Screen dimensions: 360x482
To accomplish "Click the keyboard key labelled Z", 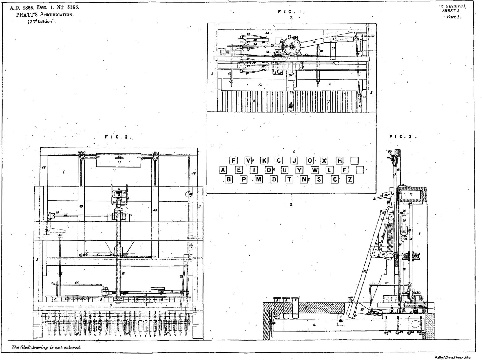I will [350, 179].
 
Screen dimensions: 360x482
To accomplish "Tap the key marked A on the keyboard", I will [223, 170].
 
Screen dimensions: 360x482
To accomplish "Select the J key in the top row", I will [294, 161].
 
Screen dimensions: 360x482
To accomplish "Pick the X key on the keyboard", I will [324, 161].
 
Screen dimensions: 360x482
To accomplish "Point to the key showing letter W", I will [315, 170].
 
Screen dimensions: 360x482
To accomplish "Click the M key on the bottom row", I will [258, 179].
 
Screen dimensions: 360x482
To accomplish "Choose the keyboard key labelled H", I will [340, 161].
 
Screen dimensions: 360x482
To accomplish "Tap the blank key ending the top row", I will [355, 161].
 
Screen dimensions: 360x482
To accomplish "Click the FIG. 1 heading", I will [291, 12].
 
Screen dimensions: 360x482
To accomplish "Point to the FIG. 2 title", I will [118, 137].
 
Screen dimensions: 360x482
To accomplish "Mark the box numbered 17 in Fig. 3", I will [411, 194].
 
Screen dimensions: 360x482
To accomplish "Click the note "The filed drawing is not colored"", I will [46, 347].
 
